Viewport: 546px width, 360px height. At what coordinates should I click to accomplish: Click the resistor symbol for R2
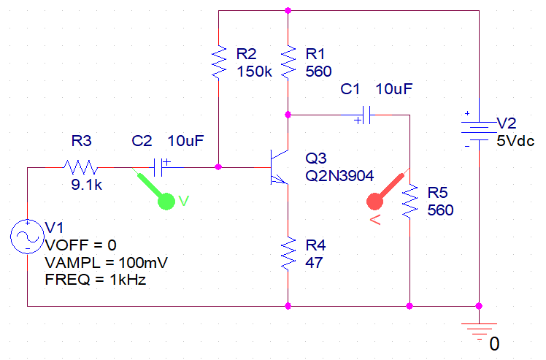[219, 62]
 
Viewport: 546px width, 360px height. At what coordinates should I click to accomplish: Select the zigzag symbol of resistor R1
[288, 62]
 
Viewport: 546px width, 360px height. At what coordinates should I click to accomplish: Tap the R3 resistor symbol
[80, 167]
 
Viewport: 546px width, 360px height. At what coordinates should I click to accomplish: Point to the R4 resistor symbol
[288, 253]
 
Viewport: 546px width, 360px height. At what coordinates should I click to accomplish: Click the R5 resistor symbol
[409, 202]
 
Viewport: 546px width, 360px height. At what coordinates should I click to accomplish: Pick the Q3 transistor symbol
[280, 167]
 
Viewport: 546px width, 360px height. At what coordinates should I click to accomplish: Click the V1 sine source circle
[27, 237]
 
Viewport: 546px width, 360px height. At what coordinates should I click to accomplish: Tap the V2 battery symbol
[479, 131]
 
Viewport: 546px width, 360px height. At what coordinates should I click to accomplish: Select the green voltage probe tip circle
[166, 202]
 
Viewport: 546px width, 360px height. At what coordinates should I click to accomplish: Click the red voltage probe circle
[375, 202]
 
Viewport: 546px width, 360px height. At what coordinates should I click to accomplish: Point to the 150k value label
[254, 72]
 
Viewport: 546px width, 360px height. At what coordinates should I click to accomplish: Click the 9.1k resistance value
[87, 185]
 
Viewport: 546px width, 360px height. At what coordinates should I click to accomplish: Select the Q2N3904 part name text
[339, 176]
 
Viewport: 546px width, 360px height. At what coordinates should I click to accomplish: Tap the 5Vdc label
[515, 141]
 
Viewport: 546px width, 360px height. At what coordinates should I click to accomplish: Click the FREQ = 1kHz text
[96, 280]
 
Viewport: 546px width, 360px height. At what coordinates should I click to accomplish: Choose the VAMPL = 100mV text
[106, 262]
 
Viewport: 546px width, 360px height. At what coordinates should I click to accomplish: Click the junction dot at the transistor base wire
[218, 167]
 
